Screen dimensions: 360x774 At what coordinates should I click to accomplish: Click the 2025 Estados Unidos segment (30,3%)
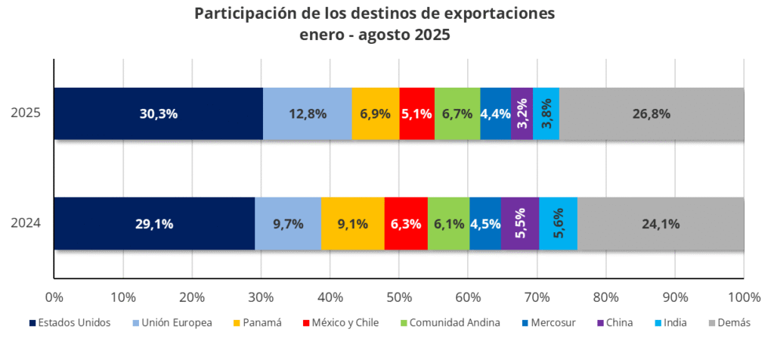tap(158, 114)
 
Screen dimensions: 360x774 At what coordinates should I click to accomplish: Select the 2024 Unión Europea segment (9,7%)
tap(288, 224)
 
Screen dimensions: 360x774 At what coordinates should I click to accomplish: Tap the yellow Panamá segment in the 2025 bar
tap(375, 114)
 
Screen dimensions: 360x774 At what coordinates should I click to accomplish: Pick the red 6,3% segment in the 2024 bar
tap(406, 224)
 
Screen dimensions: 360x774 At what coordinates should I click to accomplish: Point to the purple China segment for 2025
tap(522, 114)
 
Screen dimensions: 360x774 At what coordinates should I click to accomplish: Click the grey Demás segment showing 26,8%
tap(652, 114)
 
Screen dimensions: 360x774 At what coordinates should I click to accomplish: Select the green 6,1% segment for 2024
tap(448, 224)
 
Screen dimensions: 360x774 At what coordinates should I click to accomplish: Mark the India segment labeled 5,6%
tap(558, 224)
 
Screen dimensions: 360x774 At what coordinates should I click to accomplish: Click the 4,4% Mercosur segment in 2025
tap(495, 114)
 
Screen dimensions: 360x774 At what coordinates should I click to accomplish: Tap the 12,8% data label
tap(308, 114)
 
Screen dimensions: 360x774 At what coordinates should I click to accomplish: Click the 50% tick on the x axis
tap(399, 294)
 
